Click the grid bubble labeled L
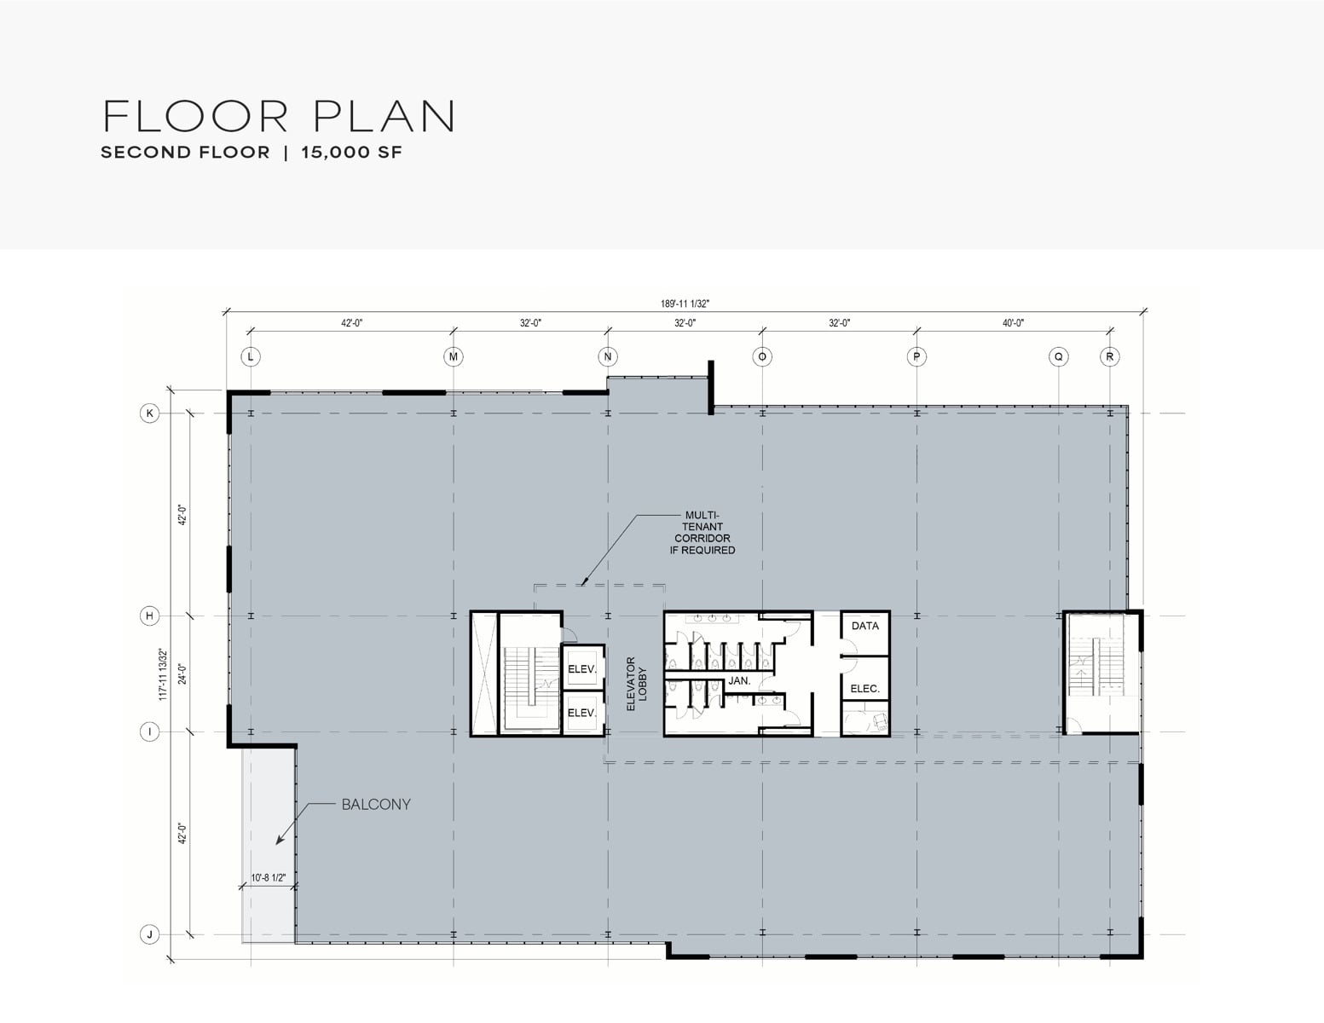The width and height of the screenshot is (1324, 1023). pyautogui.click(x=251, y=356)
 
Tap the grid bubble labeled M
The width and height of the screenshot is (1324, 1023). pyautogui.click(x=454, y=356)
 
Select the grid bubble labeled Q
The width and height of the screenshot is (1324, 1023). pyautogui.click(x=1058, y=356)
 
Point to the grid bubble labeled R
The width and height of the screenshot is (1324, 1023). pyautogui.click(x=1109, y=356)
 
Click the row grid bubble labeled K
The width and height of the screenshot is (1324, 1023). pyautogui.click(x=149, y=413)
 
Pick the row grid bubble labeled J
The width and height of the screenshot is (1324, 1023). pyautogui.click(x=149, y=934)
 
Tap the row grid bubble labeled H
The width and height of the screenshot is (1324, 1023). pyautogui.click(x=149, y=616)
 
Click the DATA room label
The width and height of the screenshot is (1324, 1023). pyautogui.click(x=865, y=626)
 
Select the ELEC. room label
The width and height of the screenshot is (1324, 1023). pyautogui.click(x=865, y=689)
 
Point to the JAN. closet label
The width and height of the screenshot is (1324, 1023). pyautogui.click(x=740, y=680)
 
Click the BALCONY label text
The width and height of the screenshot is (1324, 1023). pyautogui.click(x=376, y=804)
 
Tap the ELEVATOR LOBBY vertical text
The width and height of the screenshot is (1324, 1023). pyautogui.click(x=636, y=684)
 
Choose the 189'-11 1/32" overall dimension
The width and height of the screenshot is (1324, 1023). pyautogui.click(x=685, y=303)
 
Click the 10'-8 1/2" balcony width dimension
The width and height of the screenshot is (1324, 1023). pyautogui.click(x=268, y=878)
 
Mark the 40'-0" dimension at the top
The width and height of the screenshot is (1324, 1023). pyautogui.click(x=1014, y=323)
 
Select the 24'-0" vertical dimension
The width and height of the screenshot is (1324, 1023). pyautogui.click(x=182, y=673)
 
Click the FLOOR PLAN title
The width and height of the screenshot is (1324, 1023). pyautogui.click(x=279, y=116)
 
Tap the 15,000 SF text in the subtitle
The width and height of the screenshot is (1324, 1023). pyautogui.click(x=351, y=153)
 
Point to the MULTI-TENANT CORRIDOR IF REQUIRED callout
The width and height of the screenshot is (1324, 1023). pyautogui.click(x=702, y=533)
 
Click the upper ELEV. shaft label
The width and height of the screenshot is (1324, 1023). pyautogui.click(x=582, y=669)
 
